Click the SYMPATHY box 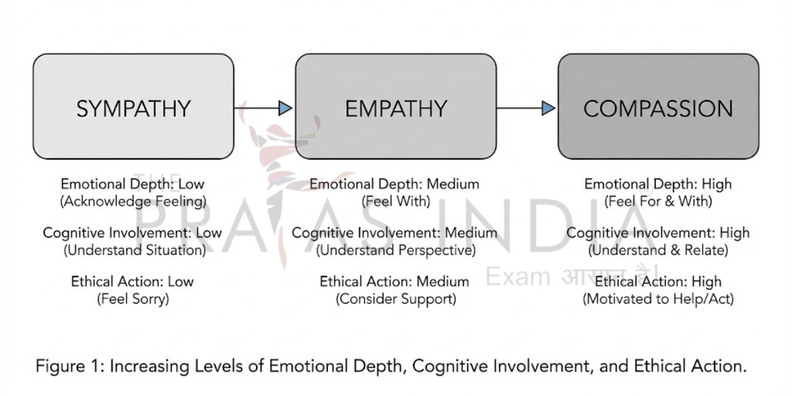[133, 107]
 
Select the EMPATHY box [395, 107]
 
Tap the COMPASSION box [658, 107]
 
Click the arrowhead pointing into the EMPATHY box [285, 108]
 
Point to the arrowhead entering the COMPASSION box [548, 108]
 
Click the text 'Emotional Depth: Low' [133, 184]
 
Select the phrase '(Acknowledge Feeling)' [133, 201]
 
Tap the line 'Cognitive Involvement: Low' [133, 233]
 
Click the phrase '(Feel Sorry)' [133, 298]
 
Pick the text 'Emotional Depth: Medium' [395, 184]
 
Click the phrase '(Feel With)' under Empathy [395, 201]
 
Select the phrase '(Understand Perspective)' [395, 250]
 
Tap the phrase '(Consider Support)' [395, 298]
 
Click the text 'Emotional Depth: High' [658, 184]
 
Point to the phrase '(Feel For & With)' [658, 201]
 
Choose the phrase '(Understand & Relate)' [658, 250]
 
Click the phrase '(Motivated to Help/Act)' [658, 298]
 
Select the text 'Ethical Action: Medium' [395, 281]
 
